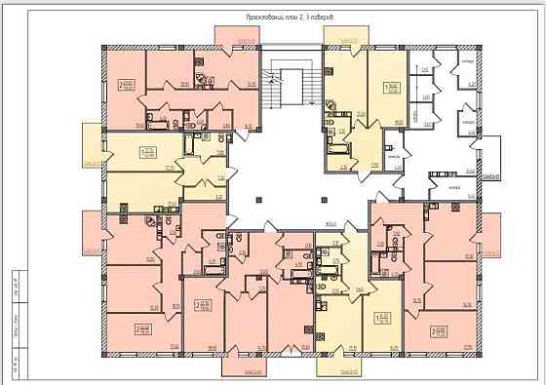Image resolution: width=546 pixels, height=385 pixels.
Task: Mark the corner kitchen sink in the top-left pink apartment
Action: (x=202, y=82)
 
